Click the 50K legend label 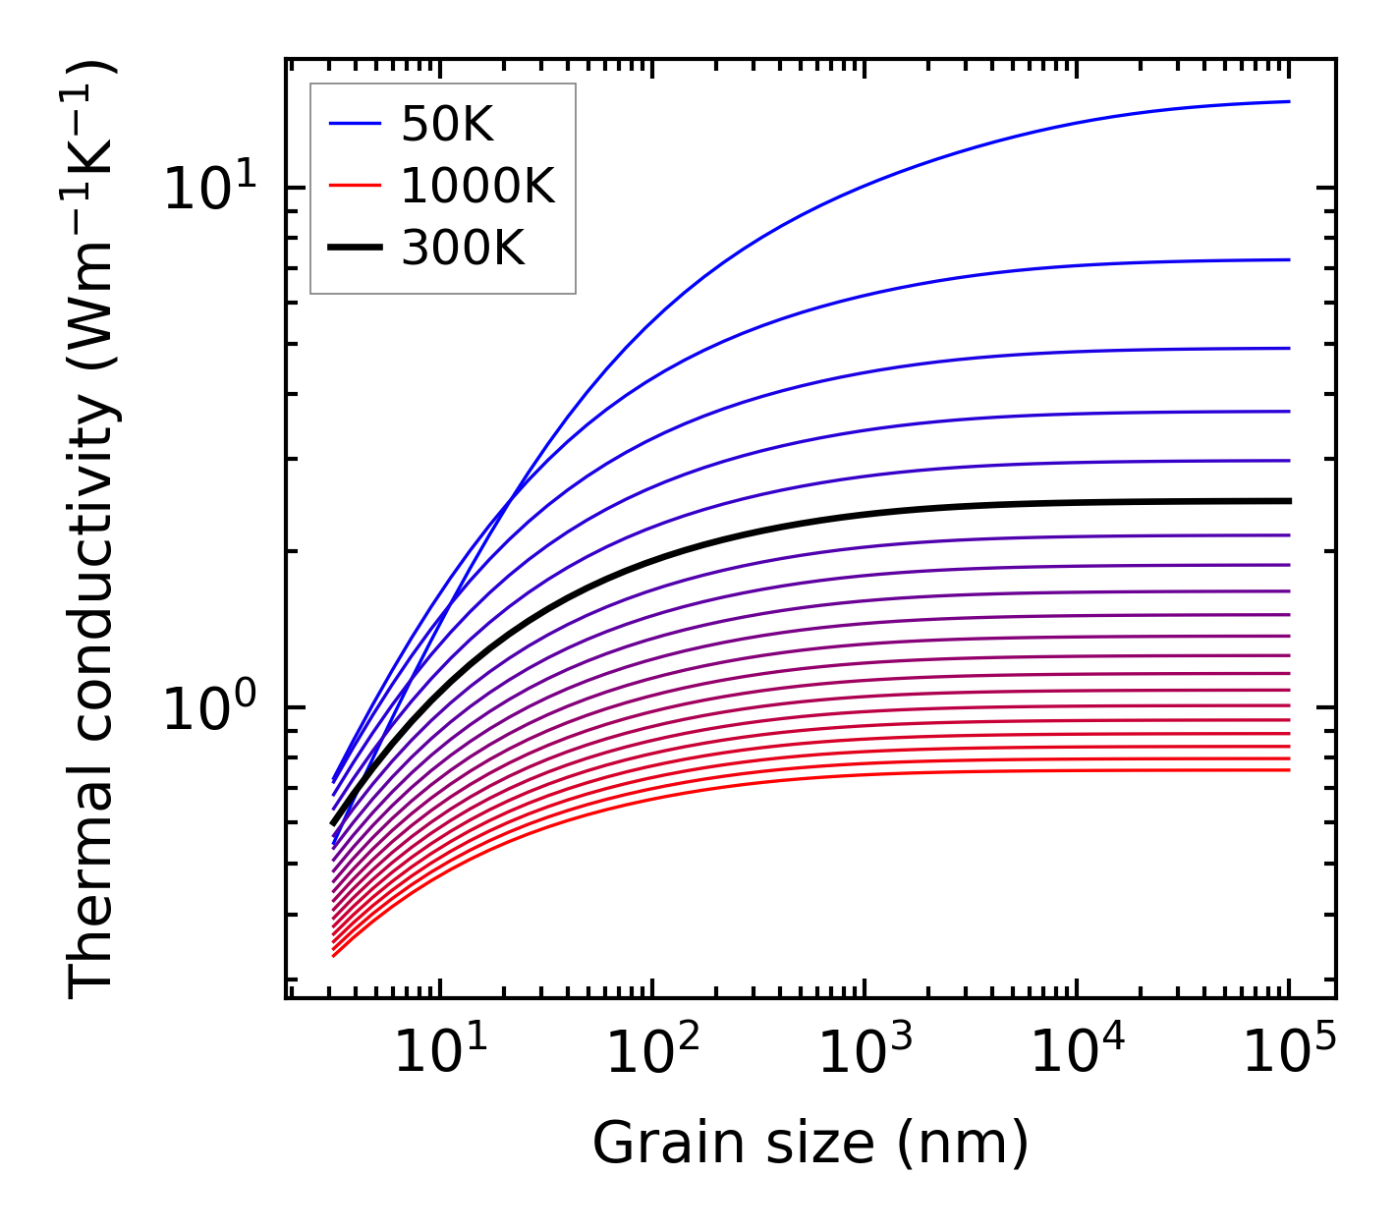tap(447, 125)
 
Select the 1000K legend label tap(477, 186)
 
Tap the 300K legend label tap(463, 248)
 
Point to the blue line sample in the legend tap(354, 125)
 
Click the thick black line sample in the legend tap(354, 248)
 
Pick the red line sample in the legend tap(354, 186)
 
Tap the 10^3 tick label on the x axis tap(865, 1052)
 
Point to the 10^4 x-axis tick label tap(1077, 1052)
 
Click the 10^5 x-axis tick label tap(1289, 1052)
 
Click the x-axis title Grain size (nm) tap(810, 1144)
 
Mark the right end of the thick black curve tap(1289, 501)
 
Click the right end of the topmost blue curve tap(1289, 101)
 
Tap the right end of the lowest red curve tap(1289, 769)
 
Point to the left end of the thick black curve tap(333, 823)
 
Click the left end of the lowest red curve tap(334, 955)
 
